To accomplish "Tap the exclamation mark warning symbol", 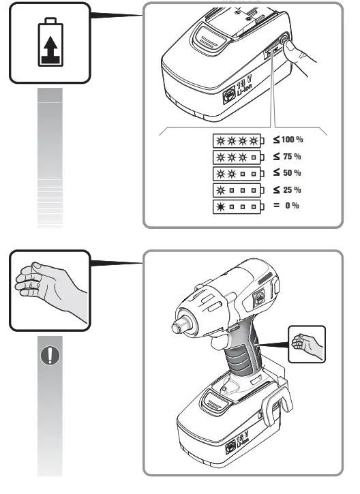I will pos(50,356).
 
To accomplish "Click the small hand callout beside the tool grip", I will pos(306,344).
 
